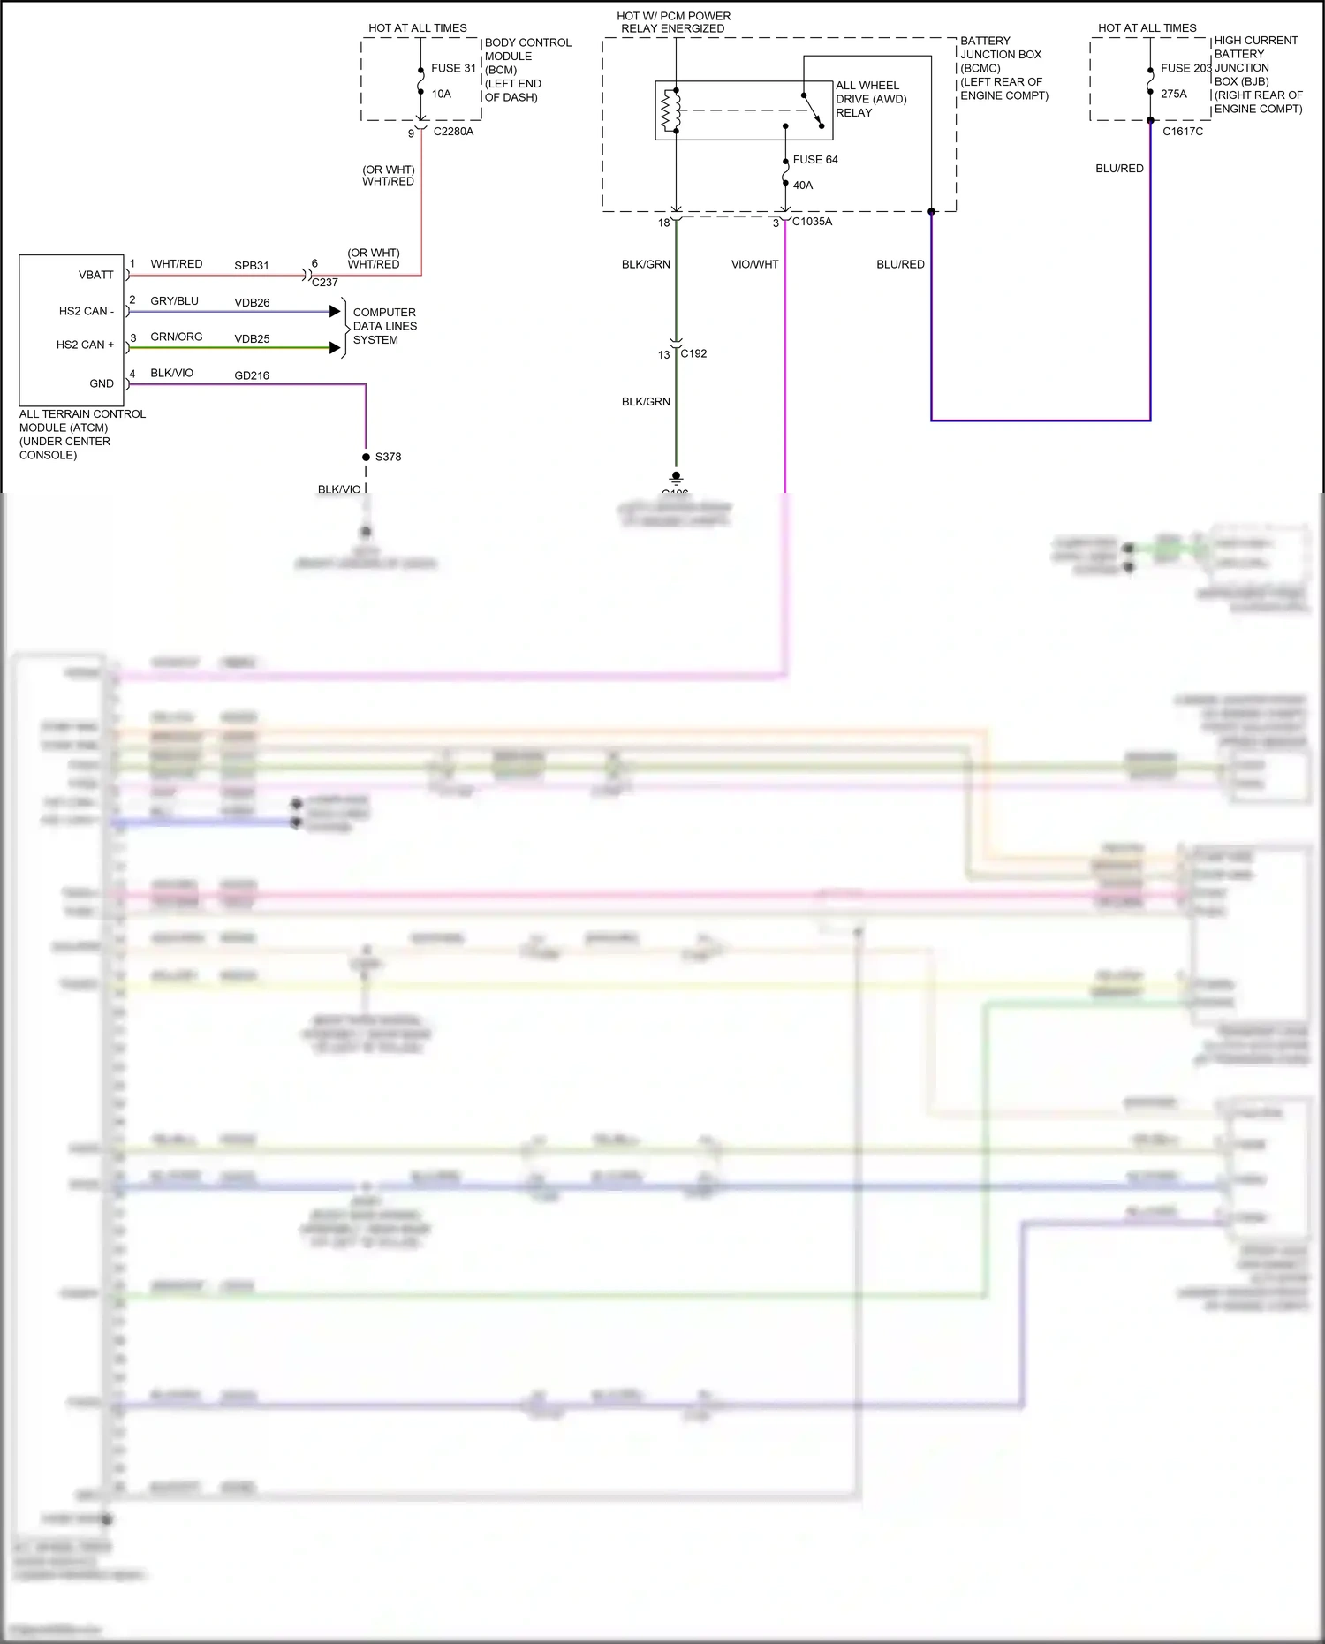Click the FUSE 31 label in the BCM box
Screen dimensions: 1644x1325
(x=453, y=68)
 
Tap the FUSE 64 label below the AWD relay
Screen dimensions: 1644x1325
(x=814, y=160)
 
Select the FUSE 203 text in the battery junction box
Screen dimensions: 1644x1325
(x=1185, y=68)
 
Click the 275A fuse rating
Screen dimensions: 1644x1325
(x=1173, y=94)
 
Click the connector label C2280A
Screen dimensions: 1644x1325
(x=453, y=132)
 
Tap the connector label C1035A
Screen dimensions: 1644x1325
(x=812, y=222)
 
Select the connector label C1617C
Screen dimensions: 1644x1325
(x=1182, y=132)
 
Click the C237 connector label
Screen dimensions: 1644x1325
(x=324, y=283)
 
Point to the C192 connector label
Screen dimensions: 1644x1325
(x=693, y=353)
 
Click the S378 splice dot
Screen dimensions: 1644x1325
(x=366, y=457)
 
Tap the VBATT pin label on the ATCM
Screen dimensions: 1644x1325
(x=95, y=275)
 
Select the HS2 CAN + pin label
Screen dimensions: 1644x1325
(x=85, y=345)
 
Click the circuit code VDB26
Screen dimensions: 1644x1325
(x=252, y=303)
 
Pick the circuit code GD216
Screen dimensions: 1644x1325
(x=252, y=375)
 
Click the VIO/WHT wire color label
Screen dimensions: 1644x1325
(x=754, y=264)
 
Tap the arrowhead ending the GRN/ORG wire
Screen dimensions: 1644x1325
(x=335, y=348)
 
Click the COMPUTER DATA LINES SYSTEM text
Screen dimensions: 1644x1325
(x=384, y=326)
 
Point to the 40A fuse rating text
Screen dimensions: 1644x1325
(x=802, y=186)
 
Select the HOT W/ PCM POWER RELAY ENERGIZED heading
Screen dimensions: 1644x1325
(x=673, y=22)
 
